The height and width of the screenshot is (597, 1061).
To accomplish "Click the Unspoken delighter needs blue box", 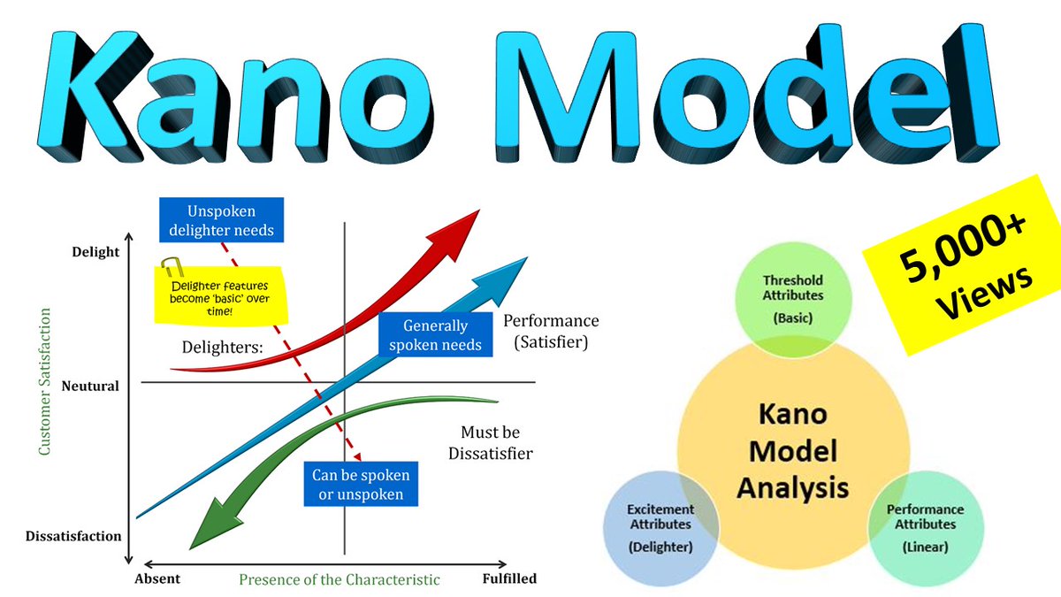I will (222, 221).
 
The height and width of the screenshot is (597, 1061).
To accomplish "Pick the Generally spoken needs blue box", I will (436, 334).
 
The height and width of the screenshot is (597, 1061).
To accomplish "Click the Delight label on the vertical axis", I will (95, 252).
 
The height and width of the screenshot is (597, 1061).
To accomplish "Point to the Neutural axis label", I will (90, 386).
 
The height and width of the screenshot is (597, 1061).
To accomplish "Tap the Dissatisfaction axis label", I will (73, 536).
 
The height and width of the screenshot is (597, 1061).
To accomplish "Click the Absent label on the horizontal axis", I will (157, 579).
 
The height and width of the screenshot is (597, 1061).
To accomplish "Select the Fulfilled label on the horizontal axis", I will (509, 579).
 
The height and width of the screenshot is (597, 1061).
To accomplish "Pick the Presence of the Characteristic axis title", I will (340, 580).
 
